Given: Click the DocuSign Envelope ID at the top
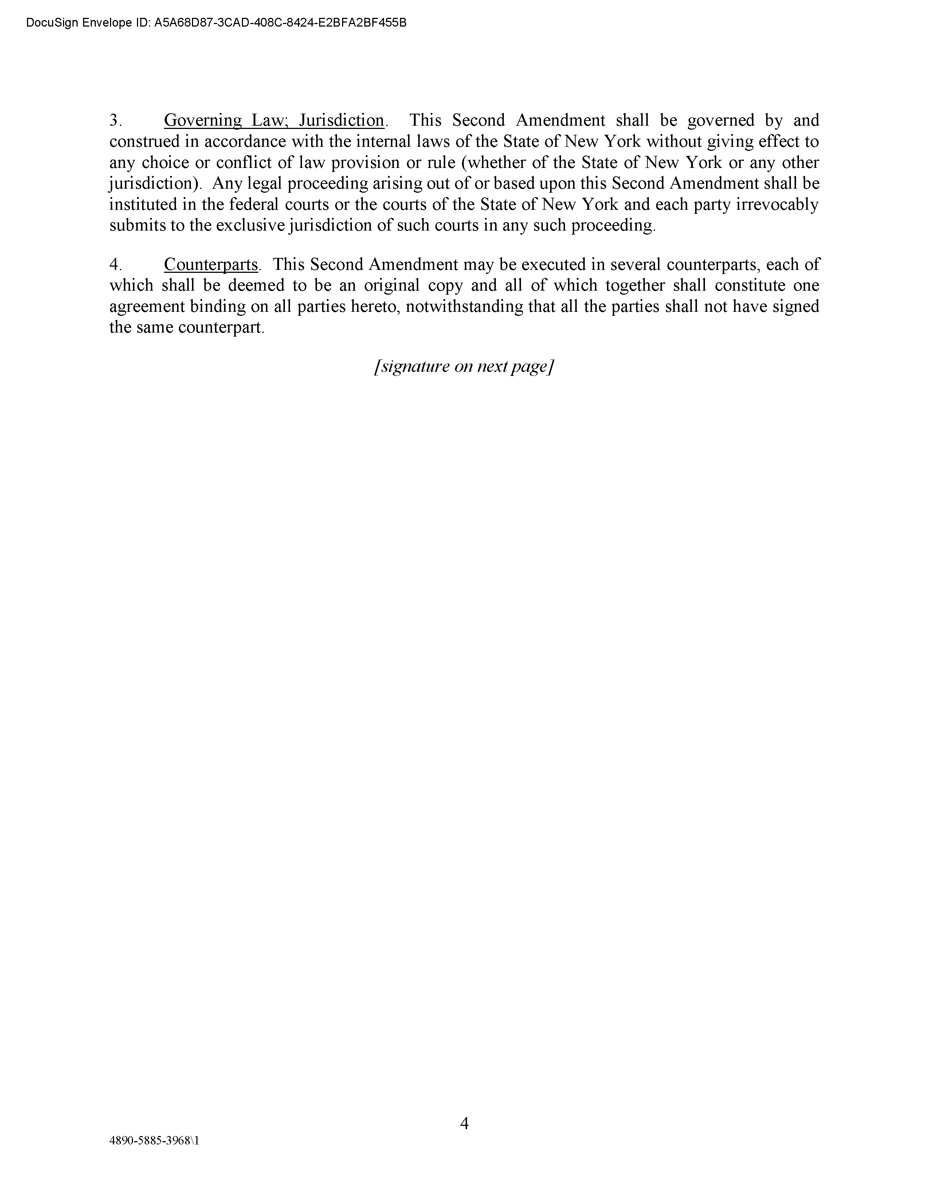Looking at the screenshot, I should (216, 23).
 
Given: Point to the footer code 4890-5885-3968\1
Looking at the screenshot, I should (154, 1140).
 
